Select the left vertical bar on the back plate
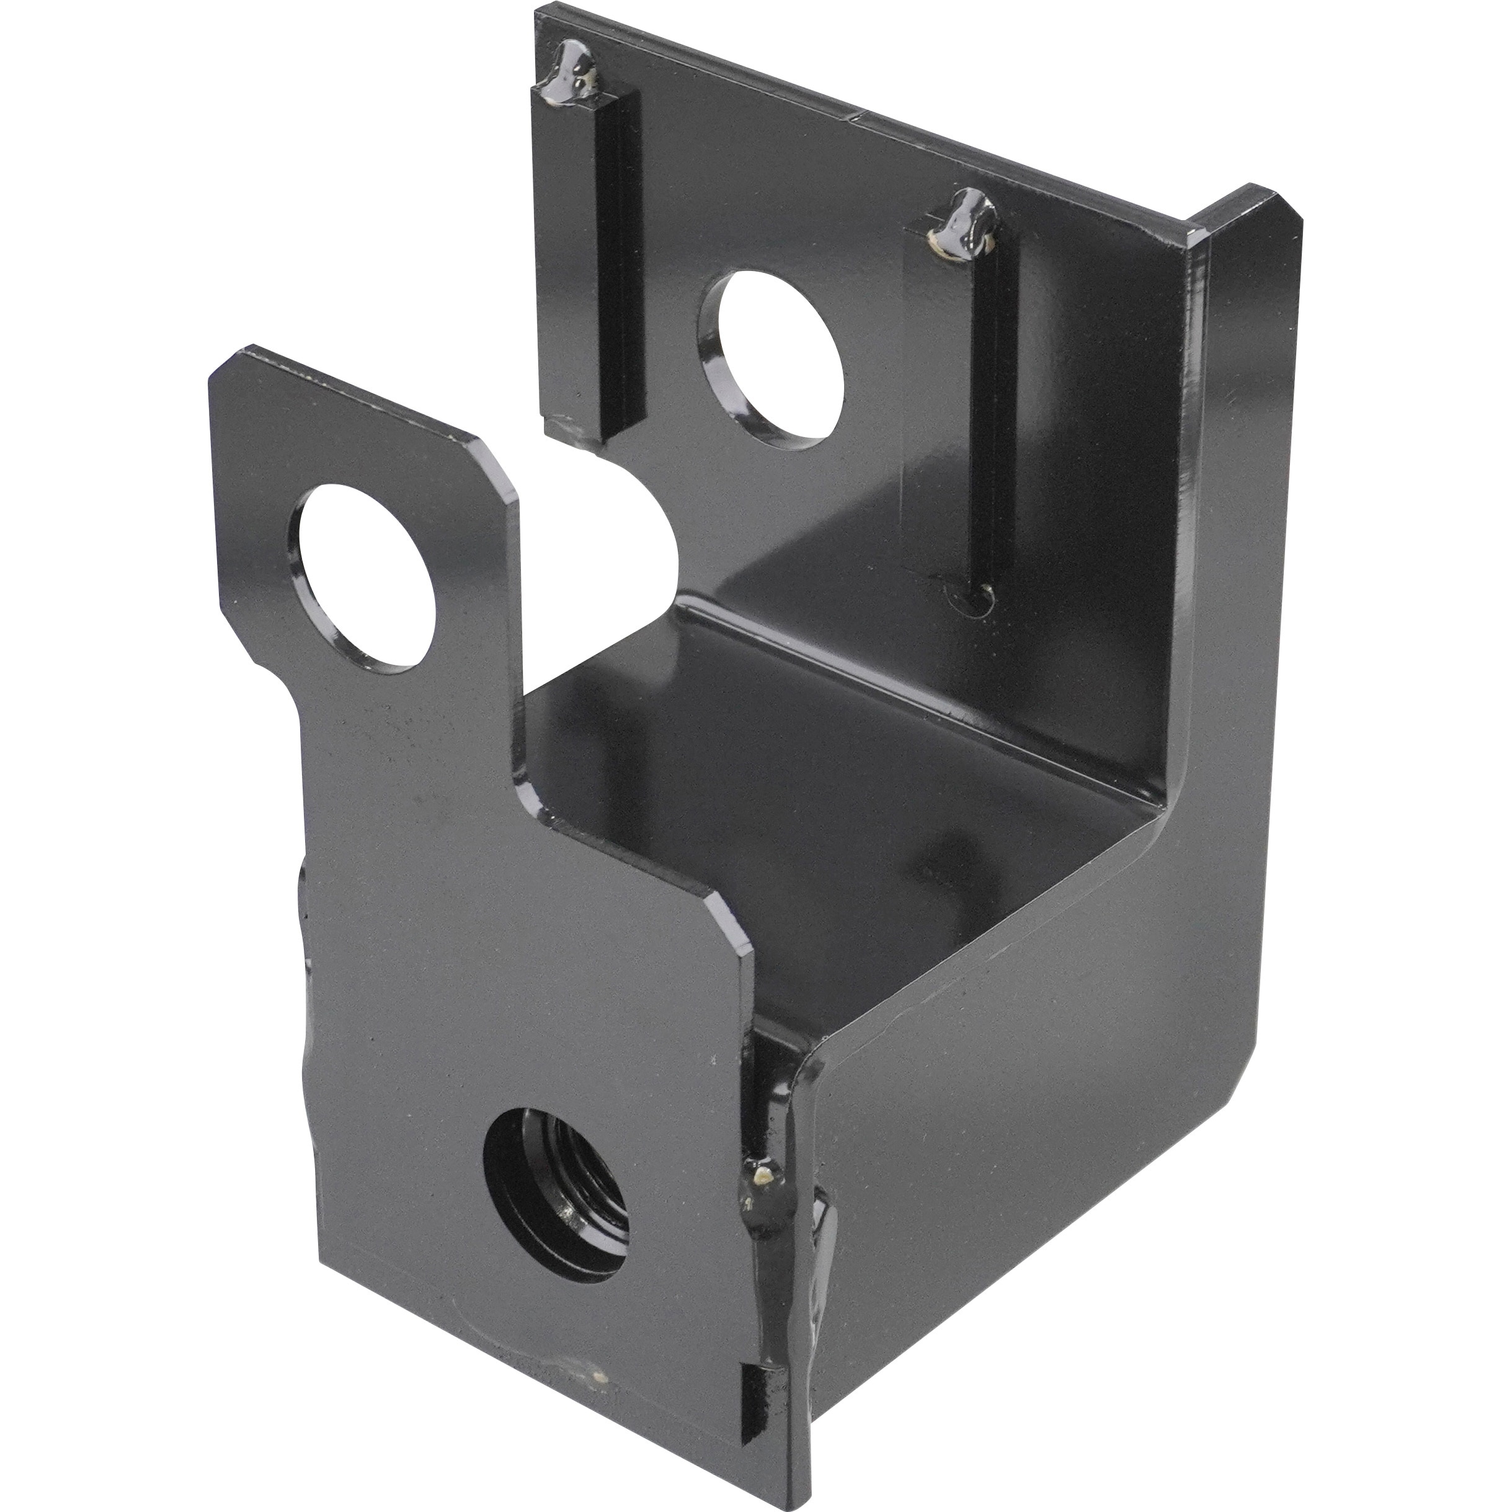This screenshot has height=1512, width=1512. (595, 258)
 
